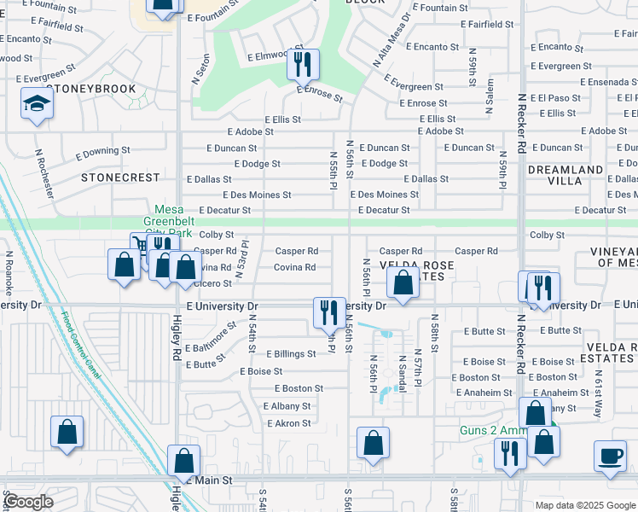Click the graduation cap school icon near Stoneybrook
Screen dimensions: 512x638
(37, 104)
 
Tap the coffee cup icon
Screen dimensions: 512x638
(611, 455)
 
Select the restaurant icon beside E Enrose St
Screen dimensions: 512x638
(302, 63)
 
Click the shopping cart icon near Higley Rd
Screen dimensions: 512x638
(140, 245)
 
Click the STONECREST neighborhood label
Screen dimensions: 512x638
(120, 177)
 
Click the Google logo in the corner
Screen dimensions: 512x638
(28, 502)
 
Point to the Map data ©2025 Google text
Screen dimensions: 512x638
(584, 505)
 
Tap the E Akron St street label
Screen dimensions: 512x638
(289, 423)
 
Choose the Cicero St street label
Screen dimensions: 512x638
(212, 283)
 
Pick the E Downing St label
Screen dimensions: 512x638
(102, 154)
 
